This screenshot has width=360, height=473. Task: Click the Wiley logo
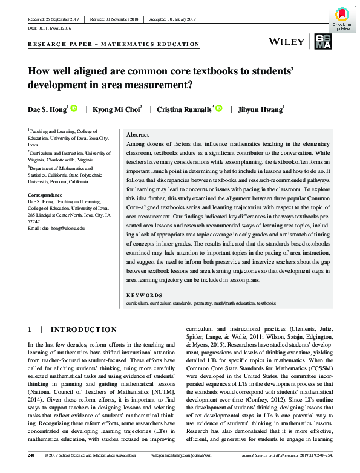[x=287, y=41]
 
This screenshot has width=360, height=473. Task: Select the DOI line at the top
[x=50, y=27]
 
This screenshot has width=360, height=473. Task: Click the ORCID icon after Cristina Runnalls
[x=219, y=109]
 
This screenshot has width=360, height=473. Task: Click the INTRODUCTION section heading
[x=83, y=330]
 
